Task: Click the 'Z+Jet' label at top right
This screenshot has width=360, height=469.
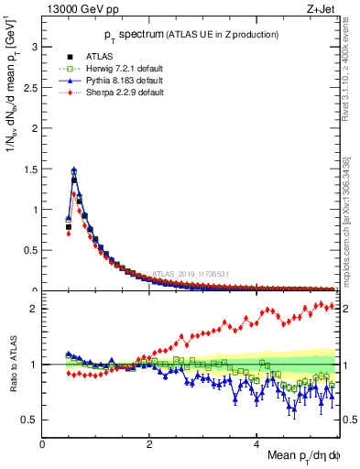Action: click(320, 10)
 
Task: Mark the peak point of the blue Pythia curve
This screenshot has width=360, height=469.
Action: click(73, 169)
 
